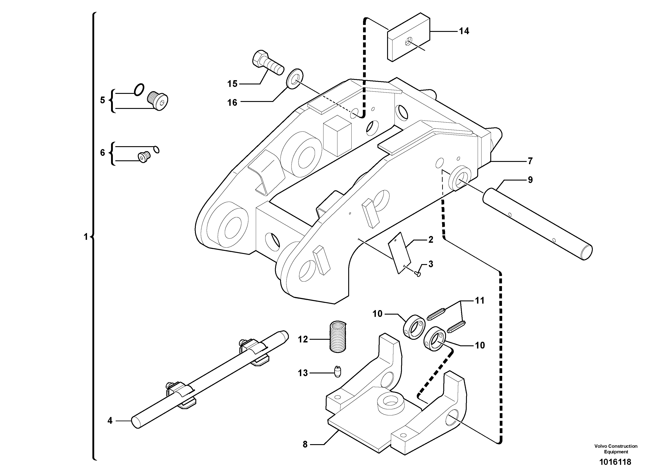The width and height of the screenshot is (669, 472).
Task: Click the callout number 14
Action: coord(464,31)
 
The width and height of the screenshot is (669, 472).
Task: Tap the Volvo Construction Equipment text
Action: coord(616,448)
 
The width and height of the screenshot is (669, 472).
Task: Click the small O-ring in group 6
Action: coord(156,150)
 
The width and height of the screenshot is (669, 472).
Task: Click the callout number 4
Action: coord(110,421)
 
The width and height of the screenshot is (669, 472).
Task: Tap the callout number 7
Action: coord(530,161)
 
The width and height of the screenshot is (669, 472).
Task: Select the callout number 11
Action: coord(480,301)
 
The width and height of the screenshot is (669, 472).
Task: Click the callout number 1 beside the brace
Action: coord(86,237)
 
